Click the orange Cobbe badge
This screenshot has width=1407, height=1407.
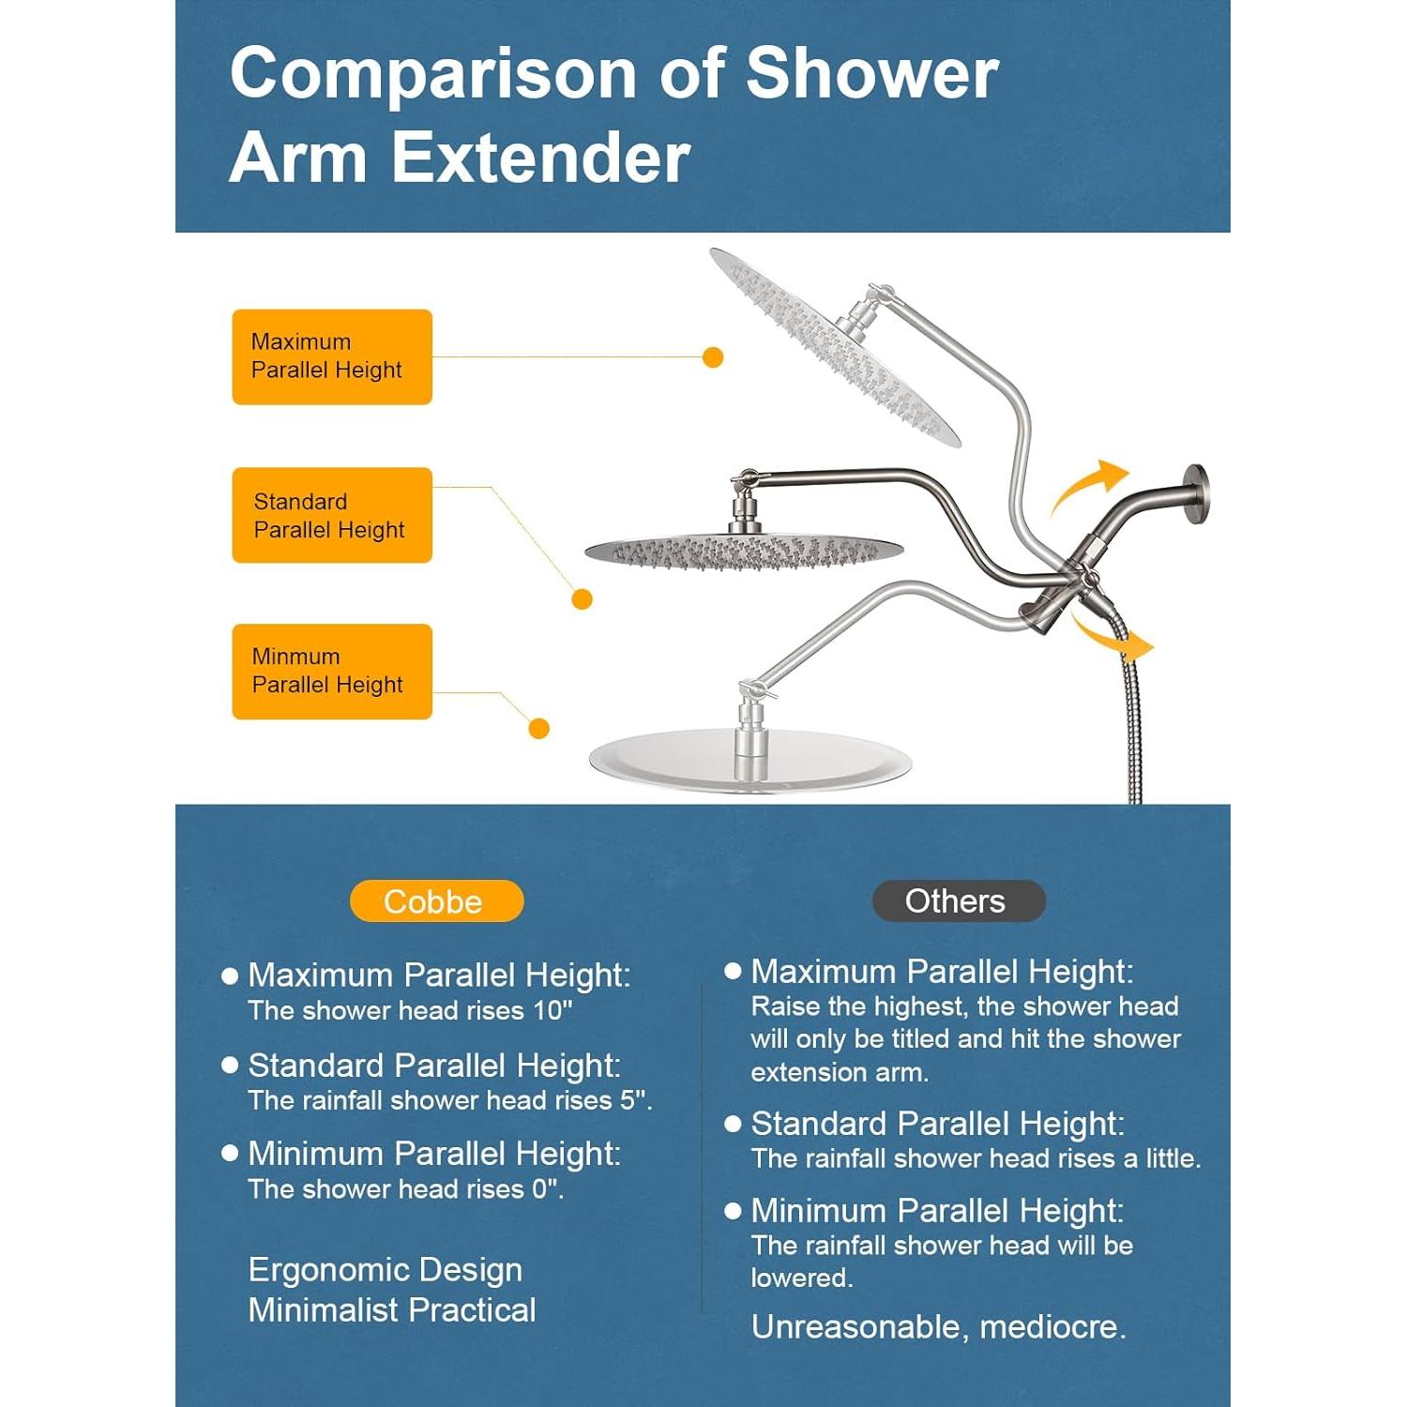point(436,900)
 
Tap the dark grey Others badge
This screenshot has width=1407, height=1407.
point(959,900)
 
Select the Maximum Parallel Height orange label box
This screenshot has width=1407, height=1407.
point(332,356)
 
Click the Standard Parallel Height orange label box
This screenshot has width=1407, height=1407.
point(332,515)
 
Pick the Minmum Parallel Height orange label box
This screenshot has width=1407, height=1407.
point(332,672)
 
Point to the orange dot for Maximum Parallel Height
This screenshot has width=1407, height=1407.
point(713,357)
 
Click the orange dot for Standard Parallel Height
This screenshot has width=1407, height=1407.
point(582,598)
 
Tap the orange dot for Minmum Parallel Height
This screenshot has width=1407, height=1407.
point(538,728)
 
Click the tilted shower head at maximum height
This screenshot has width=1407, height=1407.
point(834,348)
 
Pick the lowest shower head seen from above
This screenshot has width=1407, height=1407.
point(750,760)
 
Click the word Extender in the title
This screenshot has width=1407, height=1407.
point(541,158)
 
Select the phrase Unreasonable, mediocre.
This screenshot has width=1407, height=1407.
point(938,1326)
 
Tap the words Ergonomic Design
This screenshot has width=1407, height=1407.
point(386,1270)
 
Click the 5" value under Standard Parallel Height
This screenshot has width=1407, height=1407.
point(635,1099)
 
